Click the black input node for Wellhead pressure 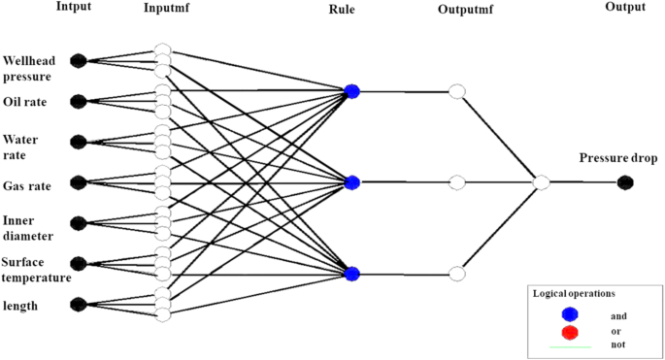coord(79,60)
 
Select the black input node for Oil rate coord(79,101)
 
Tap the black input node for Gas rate coord(79,182)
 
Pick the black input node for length coord(79,305)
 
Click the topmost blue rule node coord(352,91)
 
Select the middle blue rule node coord(352,182)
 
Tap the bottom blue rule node coord(352,273)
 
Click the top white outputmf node coord(457,91)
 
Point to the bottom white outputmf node coord(457,273)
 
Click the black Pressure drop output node coord(626,182)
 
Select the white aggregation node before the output coord(542,182)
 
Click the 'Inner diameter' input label coord(29,227)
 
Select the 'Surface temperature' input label coord(36,269)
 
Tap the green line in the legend coord(570,345)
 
